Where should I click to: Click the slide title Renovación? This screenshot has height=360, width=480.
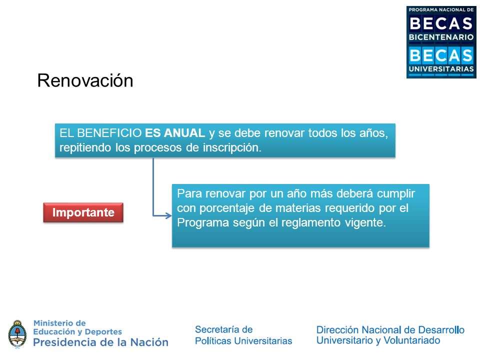coord(85,81)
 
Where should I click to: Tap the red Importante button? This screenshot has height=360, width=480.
coord(83,212)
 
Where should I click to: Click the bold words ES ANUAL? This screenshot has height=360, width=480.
coord(175,133)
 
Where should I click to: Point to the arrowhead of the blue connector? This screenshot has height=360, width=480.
coord(168,215)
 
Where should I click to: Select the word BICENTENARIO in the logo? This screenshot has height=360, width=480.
coord(441,37)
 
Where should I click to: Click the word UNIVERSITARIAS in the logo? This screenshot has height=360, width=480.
coord(441,69)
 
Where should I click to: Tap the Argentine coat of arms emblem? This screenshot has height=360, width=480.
coord(17,334)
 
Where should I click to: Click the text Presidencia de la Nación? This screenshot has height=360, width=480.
coord(100,342)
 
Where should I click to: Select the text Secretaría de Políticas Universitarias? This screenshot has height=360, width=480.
coord(243,335)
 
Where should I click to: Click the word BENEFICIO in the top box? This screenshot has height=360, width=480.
coord(109,133)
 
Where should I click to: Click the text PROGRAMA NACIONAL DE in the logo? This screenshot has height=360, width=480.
coord(441,10)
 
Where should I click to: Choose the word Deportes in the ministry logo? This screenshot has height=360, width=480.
coord(103,331)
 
